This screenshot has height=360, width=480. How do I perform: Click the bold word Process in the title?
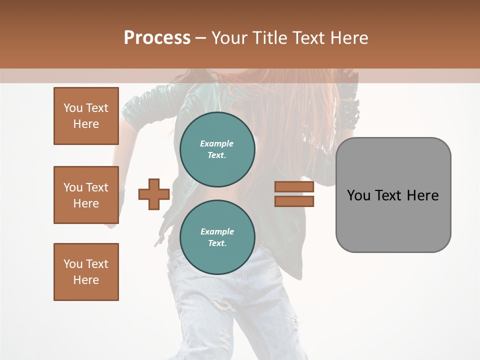[x=157, y=37]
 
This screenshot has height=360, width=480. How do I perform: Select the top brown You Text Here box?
[x=86, y=116]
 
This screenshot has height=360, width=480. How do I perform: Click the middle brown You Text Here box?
[x=86, y=195]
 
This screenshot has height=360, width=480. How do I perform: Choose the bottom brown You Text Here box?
[x=86, y=272]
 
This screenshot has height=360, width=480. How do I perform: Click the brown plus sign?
[x=154, y=194]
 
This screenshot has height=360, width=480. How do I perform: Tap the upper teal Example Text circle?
[x=217, y=149]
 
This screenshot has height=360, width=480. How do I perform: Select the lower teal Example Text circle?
[x=217, y=237]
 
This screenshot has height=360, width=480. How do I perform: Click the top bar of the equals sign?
[x=294, y=187]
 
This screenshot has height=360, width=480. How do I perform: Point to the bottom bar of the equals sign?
[x=294, y=201]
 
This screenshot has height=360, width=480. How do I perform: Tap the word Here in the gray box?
[x=422, y=195]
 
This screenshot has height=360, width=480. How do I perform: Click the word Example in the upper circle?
[x=216, y=143]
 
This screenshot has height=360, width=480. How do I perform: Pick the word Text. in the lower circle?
[x=217, y=243]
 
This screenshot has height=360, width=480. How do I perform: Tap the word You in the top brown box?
[x=73, y=108]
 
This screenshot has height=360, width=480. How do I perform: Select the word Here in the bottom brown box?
[x=86, y=280]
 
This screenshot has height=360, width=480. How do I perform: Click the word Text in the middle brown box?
[x=96, y=187]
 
